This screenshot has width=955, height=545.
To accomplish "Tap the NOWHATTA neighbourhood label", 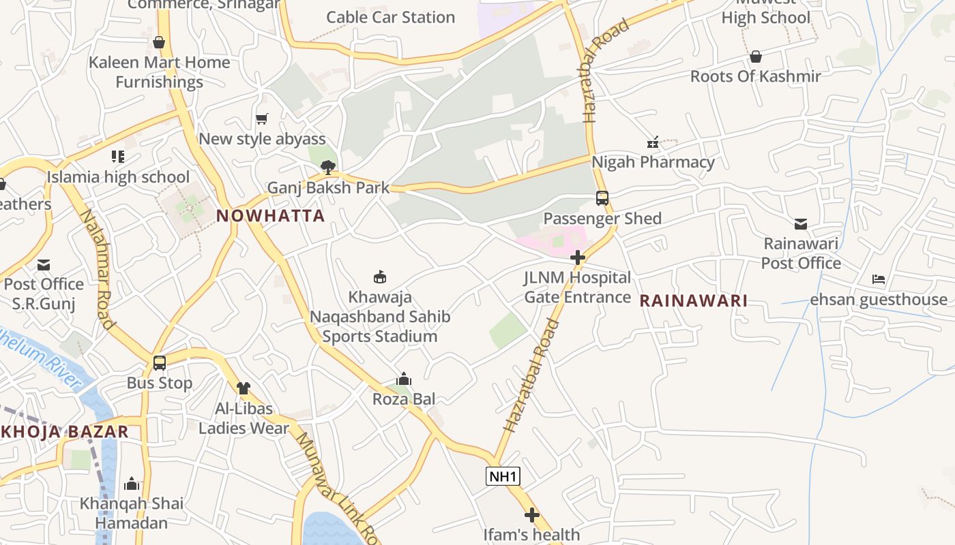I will [270, 216].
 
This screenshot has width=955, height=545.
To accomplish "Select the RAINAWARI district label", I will [693, 300].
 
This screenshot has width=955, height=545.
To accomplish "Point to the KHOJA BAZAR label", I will [65, 432].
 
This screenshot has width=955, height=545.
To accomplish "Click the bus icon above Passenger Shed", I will [602, 198].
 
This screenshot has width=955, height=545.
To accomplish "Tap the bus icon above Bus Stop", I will [160, 363].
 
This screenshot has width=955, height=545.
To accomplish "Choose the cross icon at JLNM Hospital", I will [578, 258].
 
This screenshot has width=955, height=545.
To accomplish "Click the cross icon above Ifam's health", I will [532, 515].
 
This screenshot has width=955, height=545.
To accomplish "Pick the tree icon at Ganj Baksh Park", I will [328, 168].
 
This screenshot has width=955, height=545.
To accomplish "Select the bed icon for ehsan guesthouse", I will [879, 279].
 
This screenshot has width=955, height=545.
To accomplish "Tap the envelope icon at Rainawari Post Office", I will [801, 223].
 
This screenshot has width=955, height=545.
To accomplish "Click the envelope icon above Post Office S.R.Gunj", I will [44, 264].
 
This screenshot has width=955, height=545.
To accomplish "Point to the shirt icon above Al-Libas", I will [244, 388].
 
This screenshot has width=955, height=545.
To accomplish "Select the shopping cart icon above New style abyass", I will [262, 119].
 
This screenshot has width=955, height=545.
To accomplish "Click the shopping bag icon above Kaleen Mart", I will [159, 42].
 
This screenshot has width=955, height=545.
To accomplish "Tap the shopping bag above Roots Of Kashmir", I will [756, 57].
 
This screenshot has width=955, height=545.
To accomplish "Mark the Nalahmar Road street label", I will [97, 269].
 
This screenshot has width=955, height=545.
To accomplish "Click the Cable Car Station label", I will [390, 17].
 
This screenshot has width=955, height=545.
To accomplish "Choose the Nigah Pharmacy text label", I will [653, 162].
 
